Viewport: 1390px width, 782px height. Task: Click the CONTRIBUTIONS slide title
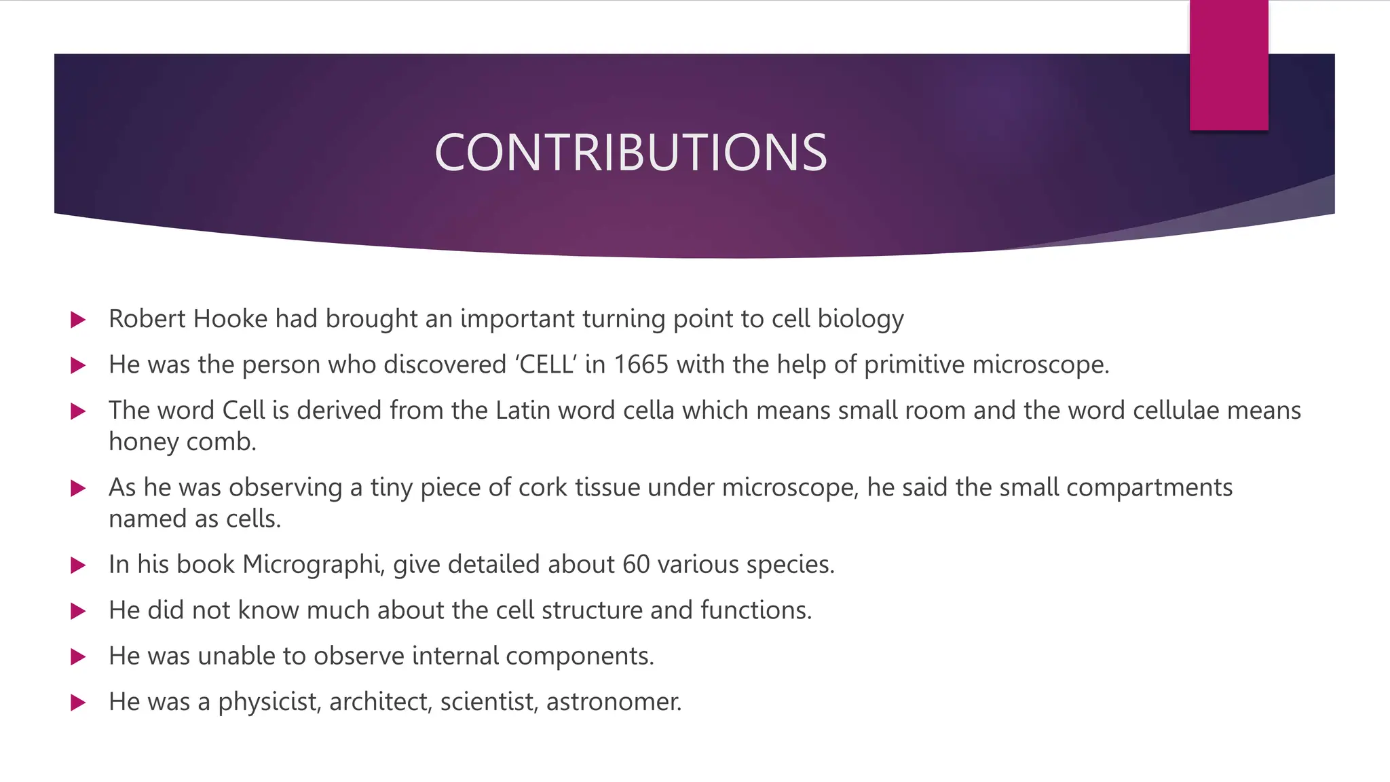(x=631, y=152)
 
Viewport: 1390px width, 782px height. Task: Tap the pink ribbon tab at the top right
(x=1228, y=65)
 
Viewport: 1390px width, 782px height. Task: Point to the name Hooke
(x=231, y=319)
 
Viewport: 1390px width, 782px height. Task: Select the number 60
(x=636, y=565)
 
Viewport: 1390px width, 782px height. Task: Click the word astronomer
(x=613, y=702)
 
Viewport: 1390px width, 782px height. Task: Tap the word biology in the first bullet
(x=861, y=319)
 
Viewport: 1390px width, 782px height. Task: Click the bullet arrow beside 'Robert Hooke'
(x=78, y=320)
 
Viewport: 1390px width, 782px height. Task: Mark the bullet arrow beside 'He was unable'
(x=78, y=657)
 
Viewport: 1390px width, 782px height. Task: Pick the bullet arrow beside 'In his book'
(x=78, y=565)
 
